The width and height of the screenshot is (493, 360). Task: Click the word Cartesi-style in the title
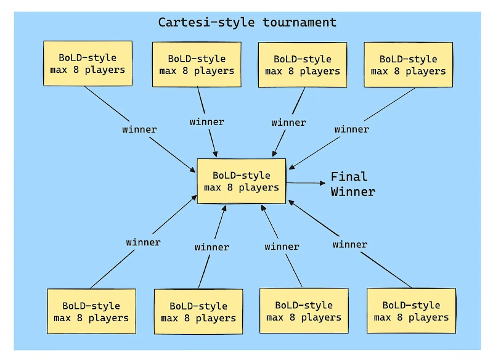[x=206, y=23]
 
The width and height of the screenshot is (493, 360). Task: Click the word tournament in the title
[x=299, y=23]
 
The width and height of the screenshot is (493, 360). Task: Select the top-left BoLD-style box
[x=88, y=63]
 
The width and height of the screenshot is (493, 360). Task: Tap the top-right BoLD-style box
[x=409, y=65]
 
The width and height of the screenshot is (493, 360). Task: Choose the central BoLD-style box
[x=242, y=181]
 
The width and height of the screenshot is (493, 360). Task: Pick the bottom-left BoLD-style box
[x=91, y=311]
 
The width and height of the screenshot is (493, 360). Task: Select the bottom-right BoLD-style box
[x=411, y=311]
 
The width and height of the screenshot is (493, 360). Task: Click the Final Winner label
[x=352, y=184]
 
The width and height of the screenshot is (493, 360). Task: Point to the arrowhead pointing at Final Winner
[x=322, y=183]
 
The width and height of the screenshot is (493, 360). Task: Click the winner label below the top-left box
[x=139, y=129]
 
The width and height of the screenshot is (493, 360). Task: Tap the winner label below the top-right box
[x=351, y=129]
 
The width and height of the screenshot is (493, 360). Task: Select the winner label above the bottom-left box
[x=143, y=242]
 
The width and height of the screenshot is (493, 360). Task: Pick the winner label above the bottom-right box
[x=350, y=244]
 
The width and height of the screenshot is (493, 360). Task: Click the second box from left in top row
[x=197, y=65]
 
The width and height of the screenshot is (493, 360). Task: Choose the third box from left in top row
[x=303, y=65]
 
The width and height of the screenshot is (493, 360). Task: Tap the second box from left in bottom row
[x=198, y=311]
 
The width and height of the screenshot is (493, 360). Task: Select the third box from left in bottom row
[x=304, y=311]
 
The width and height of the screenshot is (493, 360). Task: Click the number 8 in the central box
[x=230, y=187]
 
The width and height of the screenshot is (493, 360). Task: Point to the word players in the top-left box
[x=105, y=70]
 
